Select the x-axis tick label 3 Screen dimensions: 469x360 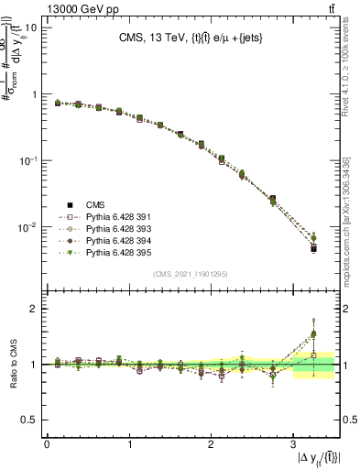292,443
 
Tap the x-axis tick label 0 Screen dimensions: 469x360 47,443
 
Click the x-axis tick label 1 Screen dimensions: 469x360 128,443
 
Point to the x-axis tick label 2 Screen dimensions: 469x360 211,443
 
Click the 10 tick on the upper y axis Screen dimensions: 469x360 31,27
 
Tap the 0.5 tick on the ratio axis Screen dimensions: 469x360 30,420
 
